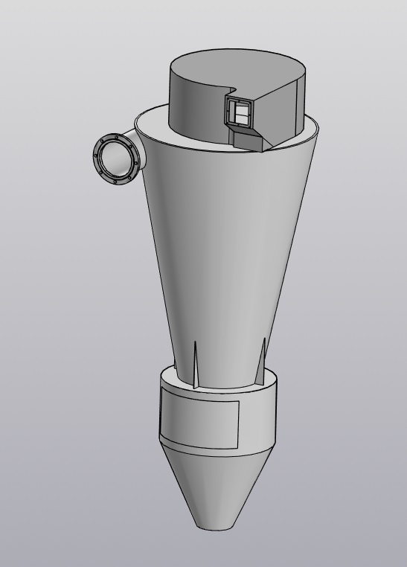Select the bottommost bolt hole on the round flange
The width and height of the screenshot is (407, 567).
(x=115, y=182)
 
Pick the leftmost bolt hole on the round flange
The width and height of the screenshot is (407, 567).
(x=96, y=156)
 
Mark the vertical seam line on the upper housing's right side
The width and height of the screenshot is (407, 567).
(x=299, y=104)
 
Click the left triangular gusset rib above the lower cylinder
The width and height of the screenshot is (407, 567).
(x=195, y=365)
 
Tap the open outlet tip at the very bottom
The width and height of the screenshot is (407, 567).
(x=212, y=527)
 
